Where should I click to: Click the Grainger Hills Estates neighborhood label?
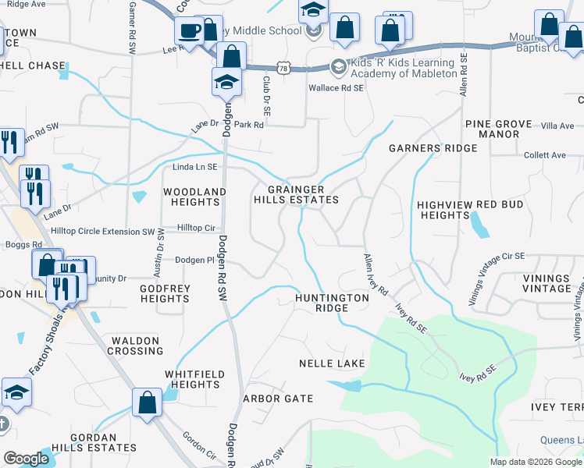(x=296, y=194)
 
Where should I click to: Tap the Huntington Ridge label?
(x=332, y=303)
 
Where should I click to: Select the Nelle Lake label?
(x=332, y=364)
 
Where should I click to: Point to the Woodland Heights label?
(x=194, y=197)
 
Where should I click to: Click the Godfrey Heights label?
(x=165, y=293)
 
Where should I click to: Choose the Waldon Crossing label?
(x=137, y=346)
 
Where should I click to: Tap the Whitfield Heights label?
(x=192, y=379)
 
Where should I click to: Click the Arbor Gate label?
(x=278, y=399)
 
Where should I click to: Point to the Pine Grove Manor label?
(x=498, y=129)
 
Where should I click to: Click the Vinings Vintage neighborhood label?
(x=547, y=283)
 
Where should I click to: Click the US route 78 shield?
(x=287, y=69)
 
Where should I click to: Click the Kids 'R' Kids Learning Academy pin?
(x=339, y=67)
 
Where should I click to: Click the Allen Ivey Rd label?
(x=376, y=273)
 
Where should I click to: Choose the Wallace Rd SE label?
(x=337, y=88)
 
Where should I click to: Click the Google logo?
(x=26, y=459)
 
